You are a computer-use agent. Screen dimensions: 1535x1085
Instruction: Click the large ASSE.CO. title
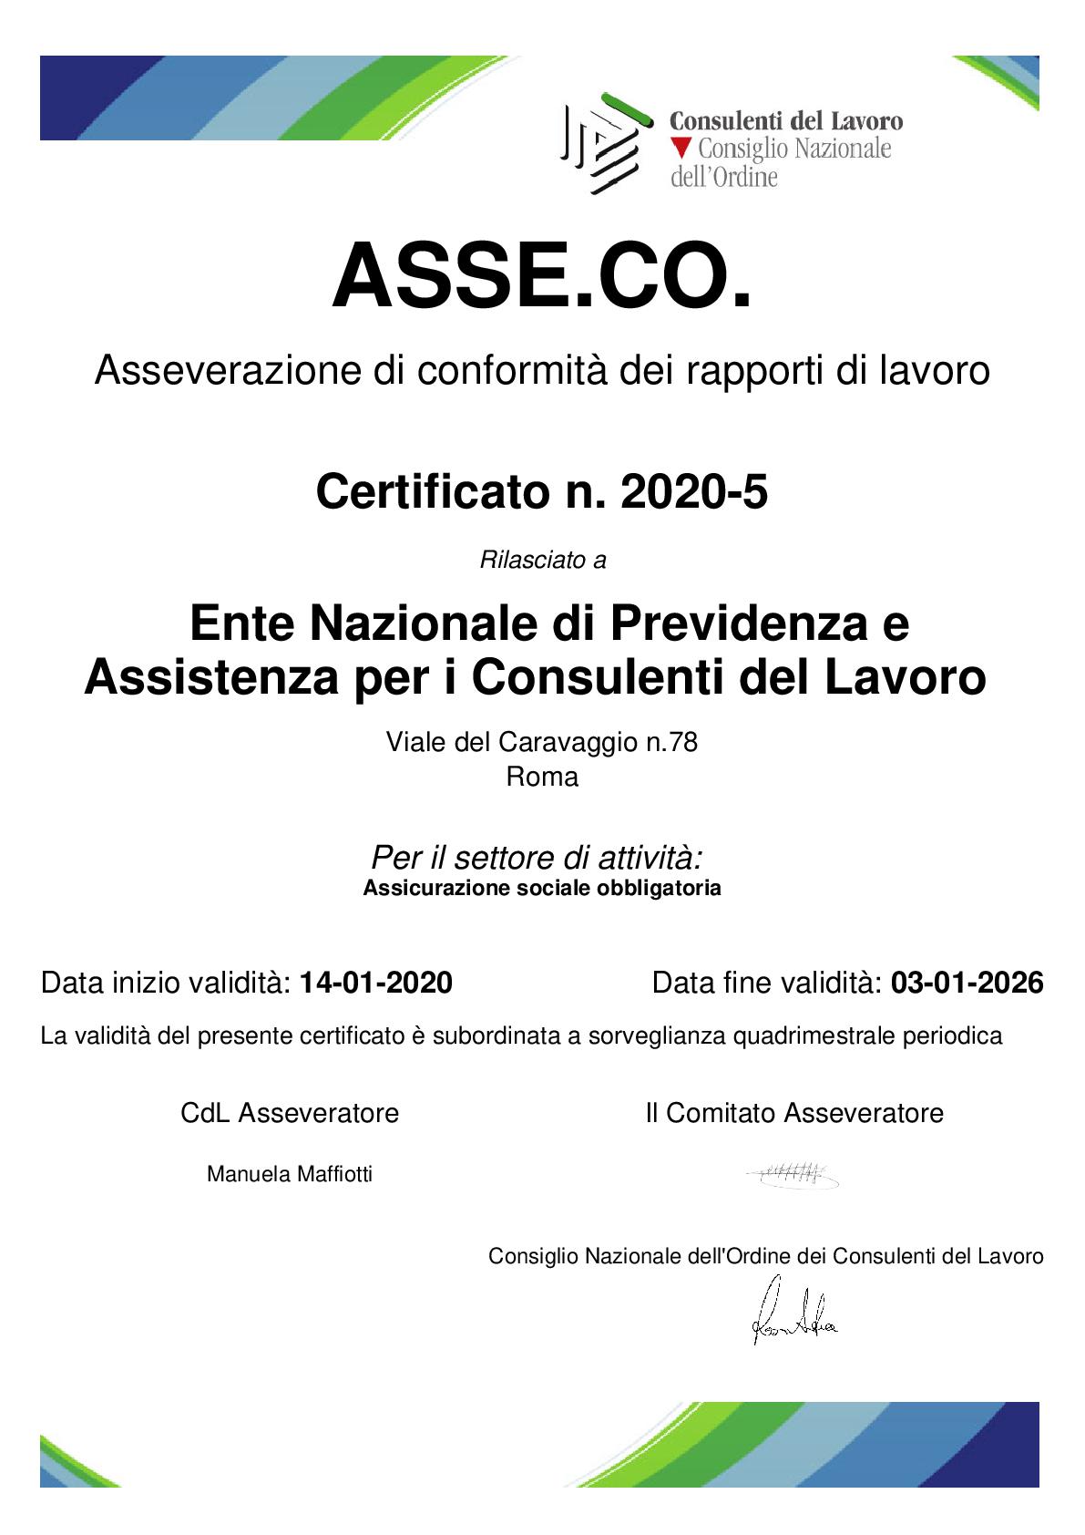coord(542,276)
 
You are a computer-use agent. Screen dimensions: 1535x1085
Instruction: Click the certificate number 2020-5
coord(693,492)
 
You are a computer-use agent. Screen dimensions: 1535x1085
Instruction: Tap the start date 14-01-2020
coord(375,983)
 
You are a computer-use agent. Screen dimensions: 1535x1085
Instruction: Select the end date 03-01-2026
coord(967,983)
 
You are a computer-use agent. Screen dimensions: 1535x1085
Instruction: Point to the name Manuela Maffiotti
coord(290,1174)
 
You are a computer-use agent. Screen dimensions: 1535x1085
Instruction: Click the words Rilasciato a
coord(542,560)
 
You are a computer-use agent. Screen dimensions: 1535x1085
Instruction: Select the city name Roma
coord(542,777)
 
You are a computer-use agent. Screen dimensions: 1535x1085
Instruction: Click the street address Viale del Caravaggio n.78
coord(542,742)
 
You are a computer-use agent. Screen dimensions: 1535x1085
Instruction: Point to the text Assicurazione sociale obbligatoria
coord(542,888)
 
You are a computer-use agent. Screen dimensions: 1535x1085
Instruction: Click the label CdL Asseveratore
coord(290,1113)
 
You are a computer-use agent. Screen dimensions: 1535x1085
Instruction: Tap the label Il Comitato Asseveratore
coord(794,1113)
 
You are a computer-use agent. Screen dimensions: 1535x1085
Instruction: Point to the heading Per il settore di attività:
coord(537,858)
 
